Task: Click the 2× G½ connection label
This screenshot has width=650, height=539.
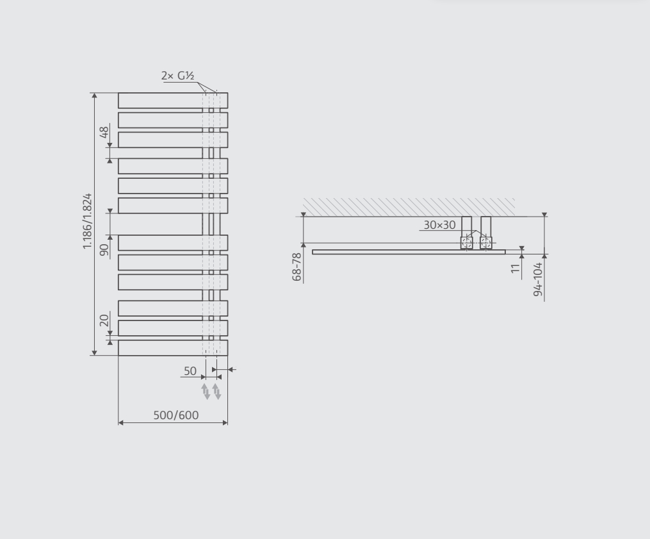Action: point(177,76)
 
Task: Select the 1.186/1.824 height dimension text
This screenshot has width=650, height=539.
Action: point(87,222)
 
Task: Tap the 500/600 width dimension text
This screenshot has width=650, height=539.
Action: point(176,415)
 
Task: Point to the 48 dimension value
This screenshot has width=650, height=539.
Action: point(103,133)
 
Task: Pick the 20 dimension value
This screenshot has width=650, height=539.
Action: point(103,319)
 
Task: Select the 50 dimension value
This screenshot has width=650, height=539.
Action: point(190,371)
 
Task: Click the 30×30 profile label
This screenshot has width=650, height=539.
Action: point(439,225)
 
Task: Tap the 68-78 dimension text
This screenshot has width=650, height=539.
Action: point(297,267)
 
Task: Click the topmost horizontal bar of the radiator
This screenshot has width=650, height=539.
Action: point(160,101)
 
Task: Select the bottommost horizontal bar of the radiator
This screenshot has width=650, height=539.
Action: point(160,347)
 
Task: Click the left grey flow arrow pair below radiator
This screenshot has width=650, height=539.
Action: point(206,391)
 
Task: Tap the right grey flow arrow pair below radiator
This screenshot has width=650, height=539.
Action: point(217,391)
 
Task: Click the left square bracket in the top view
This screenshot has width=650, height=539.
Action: point(467,242)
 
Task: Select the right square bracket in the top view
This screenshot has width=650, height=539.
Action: point(486,242)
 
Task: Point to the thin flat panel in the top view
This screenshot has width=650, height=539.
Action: point(397,252)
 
